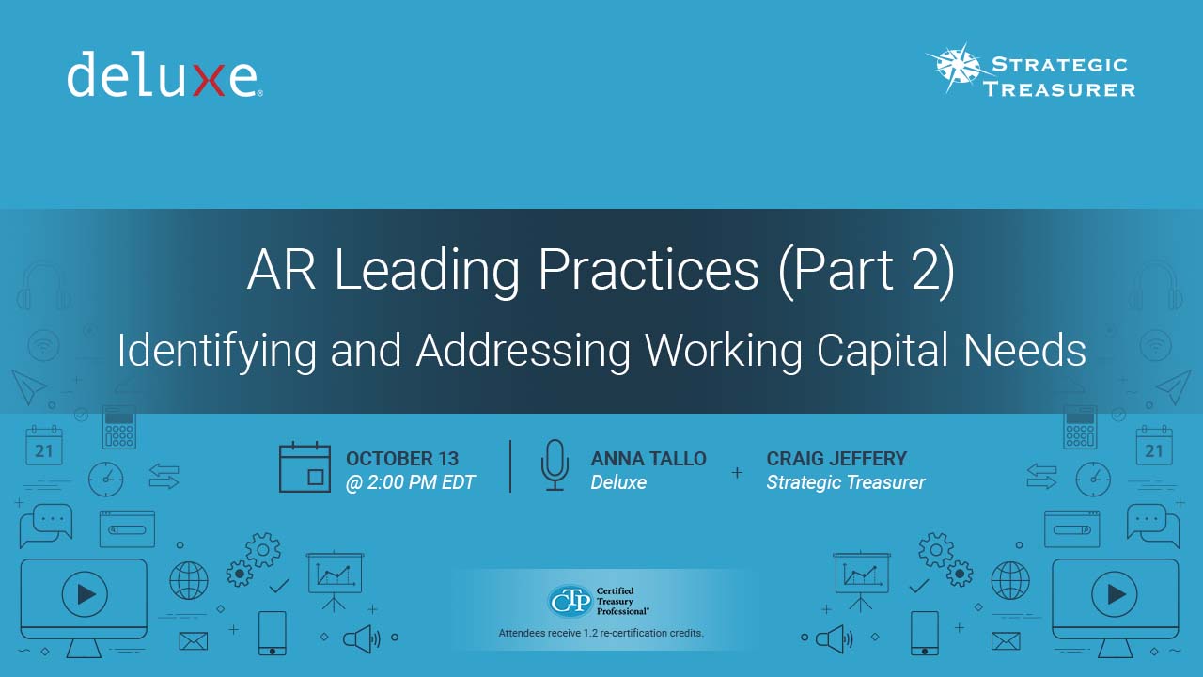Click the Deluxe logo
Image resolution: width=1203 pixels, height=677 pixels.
click(x=164, y=74)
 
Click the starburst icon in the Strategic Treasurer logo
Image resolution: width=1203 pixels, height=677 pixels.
click(x=960, y=68)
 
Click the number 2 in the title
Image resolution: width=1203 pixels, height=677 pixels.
click(x=926, y=269)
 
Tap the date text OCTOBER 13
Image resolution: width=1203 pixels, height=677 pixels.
click(x=402, y=458)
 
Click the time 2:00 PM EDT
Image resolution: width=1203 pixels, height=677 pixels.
click(x=421, y=482)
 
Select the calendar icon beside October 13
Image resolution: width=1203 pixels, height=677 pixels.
click(x=305, y=467)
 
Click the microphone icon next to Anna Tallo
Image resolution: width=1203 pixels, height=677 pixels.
click(x=555, y=465)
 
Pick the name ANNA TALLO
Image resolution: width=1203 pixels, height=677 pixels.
click(x=648, y=458)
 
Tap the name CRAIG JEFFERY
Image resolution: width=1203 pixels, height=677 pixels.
click(x=836, y=458)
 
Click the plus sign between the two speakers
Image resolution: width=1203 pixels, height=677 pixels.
click(x=738, y=472)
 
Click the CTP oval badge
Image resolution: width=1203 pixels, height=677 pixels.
click(x=570, y=601)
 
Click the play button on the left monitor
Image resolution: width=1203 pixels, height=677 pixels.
click(x=85, y=594)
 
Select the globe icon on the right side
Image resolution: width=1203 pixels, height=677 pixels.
click(x=1010, y=580)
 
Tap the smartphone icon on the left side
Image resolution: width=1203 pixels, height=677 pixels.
click(x=273, y=633)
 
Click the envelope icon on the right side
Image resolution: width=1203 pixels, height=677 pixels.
click(x=1006, y=641)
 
